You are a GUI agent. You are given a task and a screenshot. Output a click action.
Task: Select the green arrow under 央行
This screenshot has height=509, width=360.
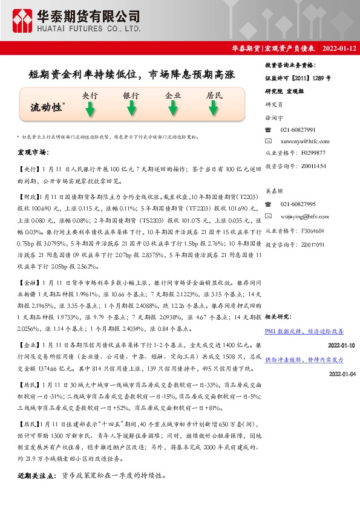[90, 109]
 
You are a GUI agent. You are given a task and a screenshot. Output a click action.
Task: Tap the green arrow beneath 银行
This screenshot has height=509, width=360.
[131, 109]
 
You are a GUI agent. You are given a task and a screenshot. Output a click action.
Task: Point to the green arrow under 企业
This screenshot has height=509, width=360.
[173, 109]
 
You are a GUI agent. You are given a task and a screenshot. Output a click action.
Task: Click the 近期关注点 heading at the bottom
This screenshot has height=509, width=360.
[38, 476]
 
